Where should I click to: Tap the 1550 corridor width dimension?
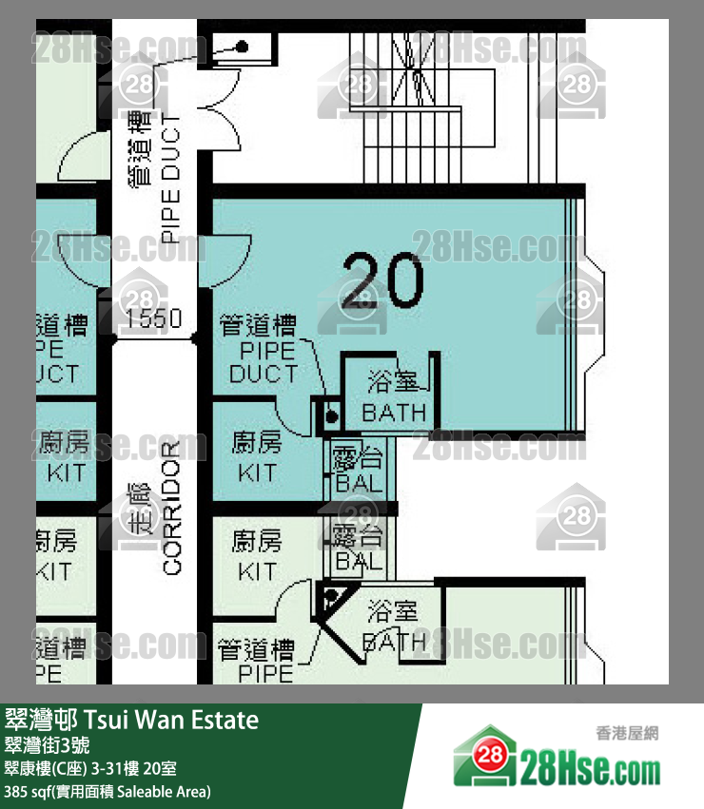point(153,318)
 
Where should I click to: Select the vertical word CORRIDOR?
point(171,509)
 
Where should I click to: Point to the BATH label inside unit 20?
point(394,414)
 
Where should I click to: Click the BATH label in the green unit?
point(394,642)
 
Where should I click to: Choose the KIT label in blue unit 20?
point(257,472)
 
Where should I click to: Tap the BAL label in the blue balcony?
point(359,483)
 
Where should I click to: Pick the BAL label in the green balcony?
point(359,561)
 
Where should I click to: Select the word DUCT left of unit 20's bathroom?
point(263,374)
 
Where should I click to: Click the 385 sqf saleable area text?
point(107,790)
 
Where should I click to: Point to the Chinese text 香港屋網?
point(627,733)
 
